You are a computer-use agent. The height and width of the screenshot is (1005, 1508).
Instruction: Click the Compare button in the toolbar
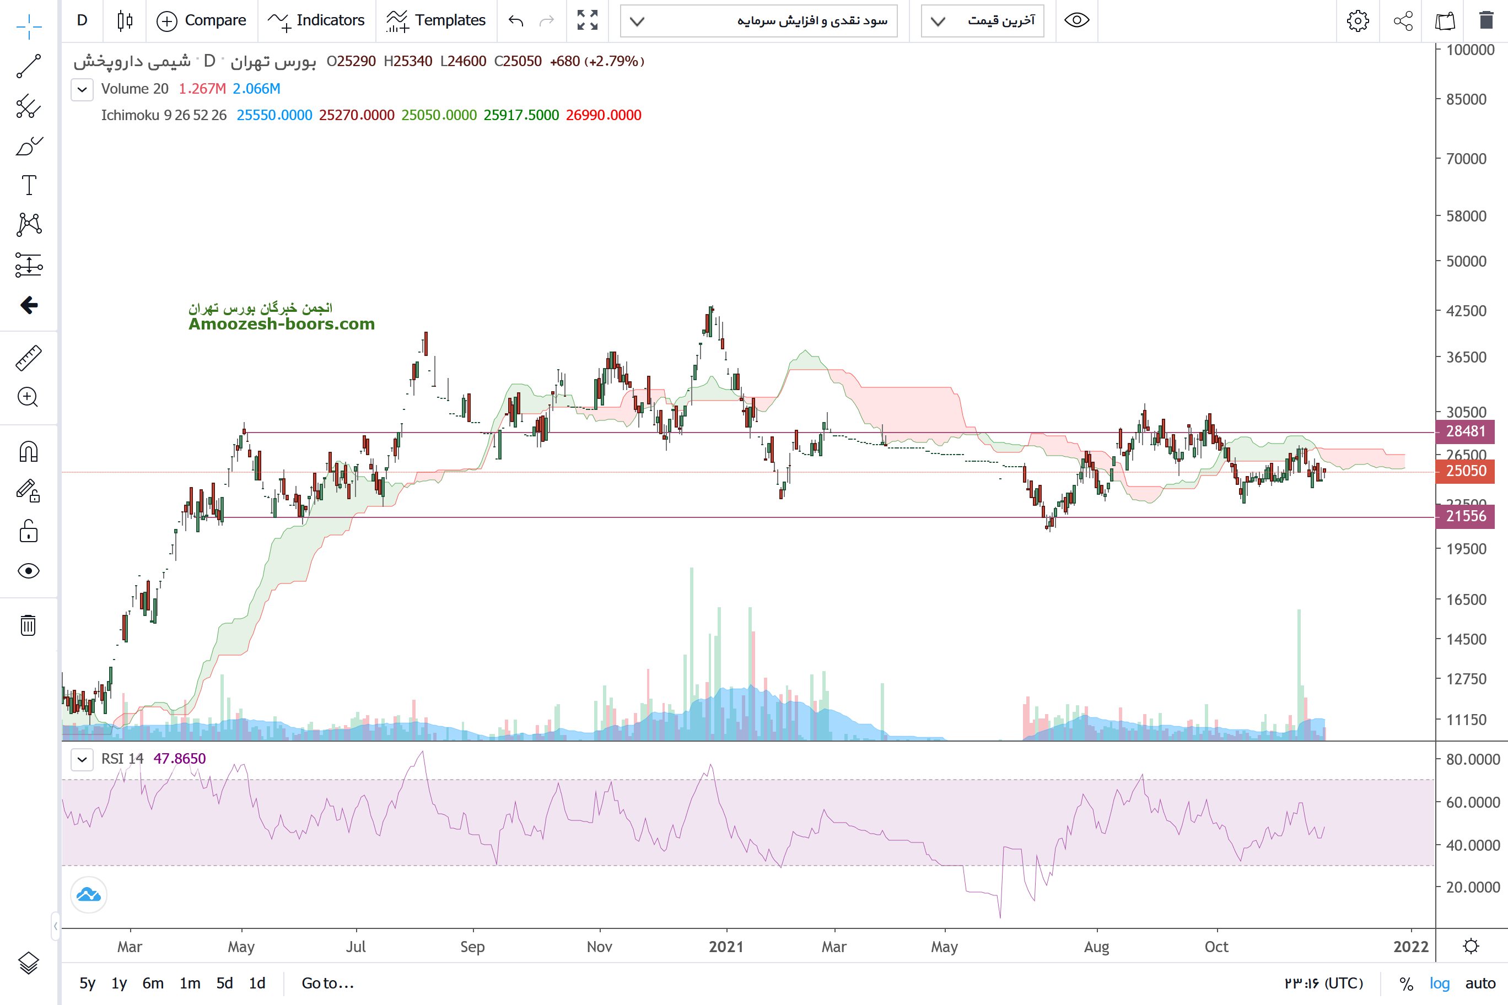[201, 20]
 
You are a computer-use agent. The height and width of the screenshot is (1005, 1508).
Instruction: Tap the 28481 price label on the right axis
[1465, 431]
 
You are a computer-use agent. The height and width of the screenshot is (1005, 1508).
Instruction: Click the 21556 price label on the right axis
[1465, 516]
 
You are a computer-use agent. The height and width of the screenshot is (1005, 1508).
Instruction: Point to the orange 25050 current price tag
[1465, 471]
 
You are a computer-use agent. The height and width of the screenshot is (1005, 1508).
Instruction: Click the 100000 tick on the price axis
[1470, 50]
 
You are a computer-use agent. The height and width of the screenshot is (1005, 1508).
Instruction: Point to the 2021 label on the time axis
[726, 947]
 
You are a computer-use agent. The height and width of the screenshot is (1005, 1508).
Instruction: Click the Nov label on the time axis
[600, 947]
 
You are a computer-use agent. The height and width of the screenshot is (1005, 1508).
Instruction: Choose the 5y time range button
[87, 983]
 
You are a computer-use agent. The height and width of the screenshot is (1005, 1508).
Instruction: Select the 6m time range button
[153, 983]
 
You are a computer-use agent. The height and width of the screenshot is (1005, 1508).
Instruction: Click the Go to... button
[327, 983]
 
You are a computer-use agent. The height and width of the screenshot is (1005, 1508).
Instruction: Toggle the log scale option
[1440, 983]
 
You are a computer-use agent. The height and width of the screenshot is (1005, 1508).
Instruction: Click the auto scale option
[1480, 983]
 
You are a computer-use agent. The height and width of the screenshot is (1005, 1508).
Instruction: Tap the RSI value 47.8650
[180, 759]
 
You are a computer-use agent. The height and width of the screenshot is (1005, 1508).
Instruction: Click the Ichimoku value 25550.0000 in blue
[274, 115]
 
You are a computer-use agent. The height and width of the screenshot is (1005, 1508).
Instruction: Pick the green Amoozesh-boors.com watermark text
[282, 325]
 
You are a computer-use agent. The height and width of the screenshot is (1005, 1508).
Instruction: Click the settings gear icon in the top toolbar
[1358, 21]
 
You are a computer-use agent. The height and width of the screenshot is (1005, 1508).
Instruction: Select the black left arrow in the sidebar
[29, 305]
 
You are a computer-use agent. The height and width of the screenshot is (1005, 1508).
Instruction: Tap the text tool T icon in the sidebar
[29, 185]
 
